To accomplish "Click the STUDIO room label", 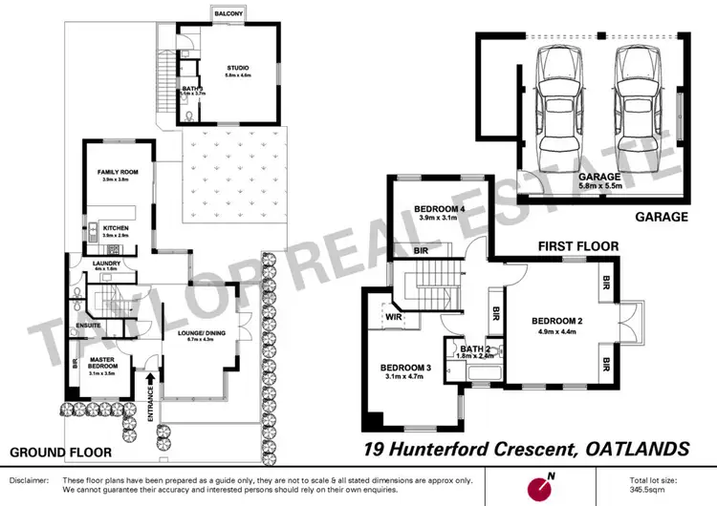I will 237,68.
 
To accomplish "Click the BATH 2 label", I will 475,349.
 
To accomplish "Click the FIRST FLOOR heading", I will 577,246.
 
